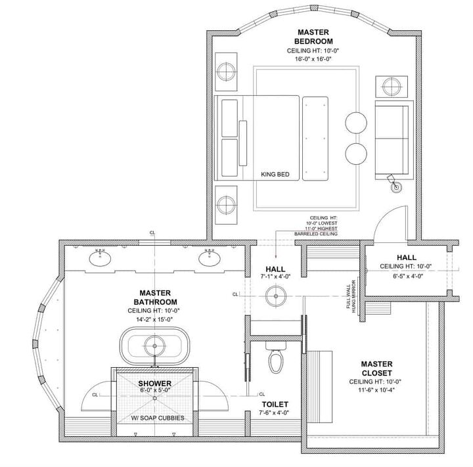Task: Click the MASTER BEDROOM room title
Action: [313, 37]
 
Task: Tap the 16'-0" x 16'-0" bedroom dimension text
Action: [313, 59]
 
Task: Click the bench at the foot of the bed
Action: [316, 137]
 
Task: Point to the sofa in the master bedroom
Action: [393, 139]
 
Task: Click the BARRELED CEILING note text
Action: [315, 234]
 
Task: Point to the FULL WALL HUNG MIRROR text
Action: [354, 296]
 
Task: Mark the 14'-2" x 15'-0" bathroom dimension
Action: [155, 319]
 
